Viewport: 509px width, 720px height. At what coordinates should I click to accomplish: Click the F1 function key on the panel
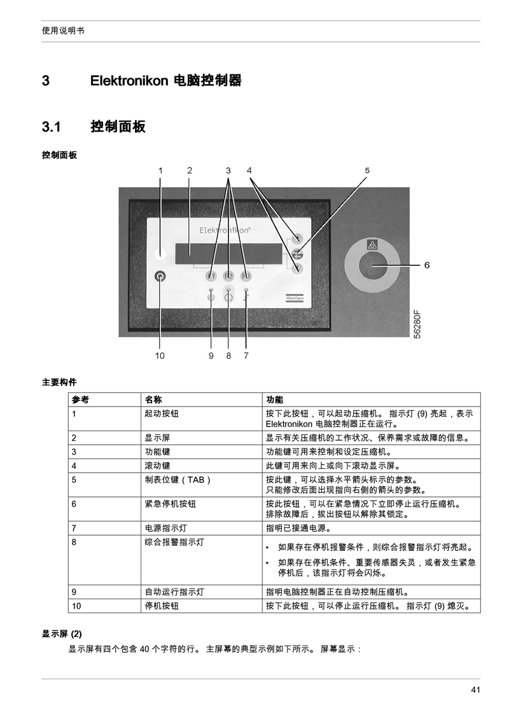click(x=211, y=276)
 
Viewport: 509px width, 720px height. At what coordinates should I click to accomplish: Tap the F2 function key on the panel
click(x=228, y=276)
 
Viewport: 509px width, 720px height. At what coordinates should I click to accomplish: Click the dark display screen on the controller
click(x=229, y=254)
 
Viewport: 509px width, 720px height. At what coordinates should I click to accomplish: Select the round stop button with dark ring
click(x=160, y=276)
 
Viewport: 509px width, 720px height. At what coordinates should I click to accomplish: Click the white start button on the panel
click(x=160, y=253)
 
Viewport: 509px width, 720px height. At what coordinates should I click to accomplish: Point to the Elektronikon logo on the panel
click(x=225, y=230)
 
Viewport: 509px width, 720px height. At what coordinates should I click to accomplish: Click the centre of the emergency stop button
click(x=372, y=265)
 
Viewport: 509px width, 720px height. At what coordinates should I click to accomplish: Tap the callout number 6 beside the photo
click(x=427, y=265)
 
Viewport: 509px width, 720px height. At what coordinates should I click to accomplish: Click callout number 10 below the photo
click(x=160, y=356)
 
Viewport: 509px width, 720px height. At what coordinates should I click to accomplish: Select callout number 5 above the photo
click(x=367, y=170)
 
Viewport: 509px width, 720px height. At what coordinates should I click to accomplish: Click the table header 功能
click(x=274, y=399)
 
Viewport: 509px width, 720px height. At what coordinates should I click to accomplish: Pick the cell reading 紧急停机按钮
click(x=170, y=504)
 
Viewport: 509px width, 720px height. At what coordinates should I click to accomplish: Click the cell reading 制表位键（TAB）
click(x=178, y=480)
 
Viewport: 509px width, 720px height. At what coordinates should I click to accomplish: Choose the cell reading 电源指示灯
click(x=166, y=528)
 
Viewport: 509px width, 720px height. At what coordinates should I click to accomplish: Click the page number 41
click(x=475, y=689)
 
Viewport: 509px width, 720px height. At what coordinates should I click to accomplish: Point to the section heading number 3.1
click(x=52, y=127)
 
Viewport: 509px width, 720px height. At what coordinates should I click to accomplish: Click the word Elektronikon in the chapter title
click(x=129, y=81)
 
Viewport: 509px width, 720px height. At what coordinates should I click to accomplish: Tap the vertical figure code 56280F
click(x=417, y=325)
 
